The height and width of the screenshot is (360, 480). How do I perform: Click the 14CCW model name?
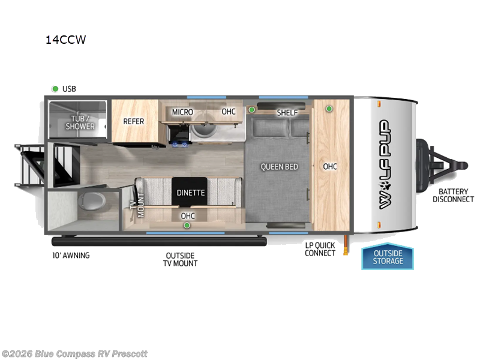66,40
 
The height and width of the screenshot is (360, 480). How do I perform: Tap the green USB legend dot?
55,89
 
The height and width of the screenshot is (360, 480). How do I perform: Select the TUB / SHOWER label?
80,122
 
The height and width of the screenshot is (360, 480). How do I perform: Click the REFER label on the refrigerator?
133,122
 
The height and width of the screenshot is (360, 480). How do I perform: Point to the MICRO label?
182,112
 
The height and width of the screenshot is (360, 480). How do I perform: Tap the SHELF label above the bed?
287,113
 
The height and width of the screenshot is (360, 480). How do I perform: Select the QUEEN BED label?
279,167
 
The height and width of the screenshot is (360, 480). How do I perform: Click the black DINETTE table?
190,191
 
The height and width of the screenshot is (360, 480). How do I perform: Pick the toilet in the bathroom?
92,201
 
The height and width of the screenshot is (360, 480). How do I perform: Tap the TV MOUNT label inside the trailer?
137,205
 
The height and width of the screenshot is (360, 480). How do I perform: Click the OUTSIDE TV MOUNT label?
181,259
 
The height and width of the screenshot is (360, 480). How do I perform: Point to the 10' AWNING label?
71,256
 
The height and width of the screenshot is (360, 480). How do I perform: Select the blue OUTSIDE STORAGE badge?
388,257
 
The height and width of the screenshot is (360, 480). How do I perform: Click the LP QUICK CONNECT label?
320,249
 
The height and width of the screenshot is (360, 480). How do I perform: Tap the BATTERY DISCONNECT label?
454,196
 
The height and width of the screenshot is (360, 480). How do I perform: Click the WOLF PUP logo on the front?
385,164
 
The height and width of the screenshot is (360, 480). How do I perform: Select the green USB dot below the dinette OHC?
187,226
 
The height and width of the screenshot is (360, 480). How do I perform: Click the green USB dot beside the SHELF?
251,110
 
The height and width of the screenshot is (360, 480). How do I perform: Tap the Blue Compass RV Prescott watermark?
74,354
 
